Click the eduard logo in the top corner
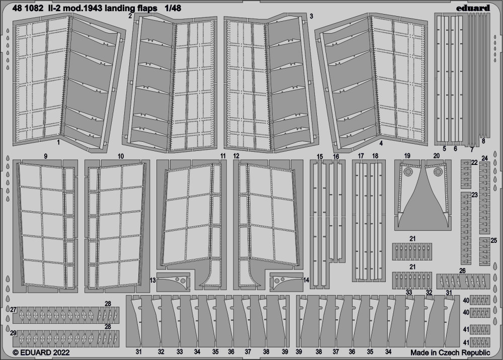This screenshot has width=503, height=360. [x=473, y=8]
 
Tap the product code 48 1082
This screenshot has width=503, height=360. [x=28, y=9]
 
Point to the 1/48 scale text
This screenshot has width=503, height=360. [x=173, y=9]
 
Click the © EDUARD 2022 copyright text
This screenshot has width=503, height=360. [x=41, y=352]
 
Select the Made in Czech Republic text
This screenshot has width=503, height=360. [x=450, y=353]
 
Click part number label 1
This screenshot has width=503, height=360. [x=58, y=142]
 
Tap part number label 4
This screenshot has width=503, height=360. [x=381, y=144]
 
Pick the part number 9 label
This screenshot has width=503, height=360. [x=46, y=156]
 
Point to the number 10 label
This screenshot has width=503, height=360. [x=121, y=156]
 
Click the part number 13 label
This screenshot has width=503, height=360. [x=153, y=281]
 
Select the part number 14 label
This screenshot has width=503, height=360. [x=306, y=281]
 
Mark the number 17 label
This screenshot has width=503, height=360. [x=361, y=156]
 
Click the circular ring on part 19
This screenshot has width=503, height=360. [x=408, y=172]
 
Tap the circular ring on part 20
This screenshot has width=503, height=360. [x=438, y=172]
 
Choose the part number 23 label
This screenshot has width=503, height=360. [x=474, y=195]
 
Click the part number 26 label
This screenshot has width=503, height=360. [x=462, y=271]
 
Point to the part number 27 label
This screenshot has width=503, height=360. [x=13, y=310]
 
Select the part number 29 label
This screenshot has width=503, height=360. [x=13, y=333]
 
